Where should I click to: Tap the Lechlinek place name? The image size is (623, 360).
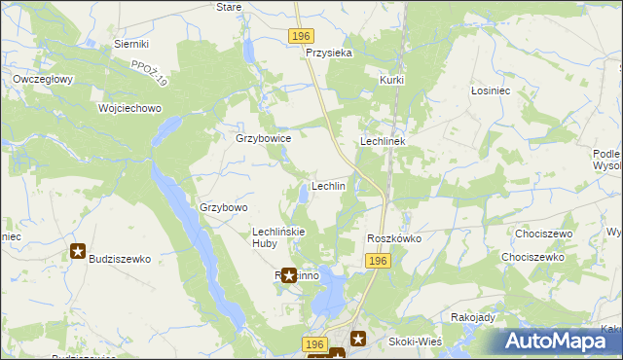(388, 141)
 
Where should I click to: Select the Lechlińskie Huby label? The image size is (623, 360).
(279, 237)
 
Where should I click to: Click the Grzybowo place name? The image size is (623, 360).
(224, 207)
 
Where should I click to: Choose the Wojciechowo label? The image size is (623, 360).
(129, 108)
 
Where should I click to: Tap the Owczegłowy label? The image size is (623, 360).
(44, 79)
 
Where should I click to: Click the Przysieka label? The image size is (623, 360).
(328, 54)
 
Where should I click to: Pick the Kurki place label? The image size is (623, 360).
(392, 80)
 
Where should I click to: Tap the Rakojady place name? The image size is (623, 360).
(474, 317)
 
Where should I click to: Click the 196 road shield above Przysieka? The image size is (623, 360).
(301, 36)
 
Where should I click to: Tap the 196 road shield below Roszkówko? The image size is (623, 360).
(379, 261)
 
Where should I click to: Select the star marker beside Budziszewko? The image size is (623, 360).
(78, 252)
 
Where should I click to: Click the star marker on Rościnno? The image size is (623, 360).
(289, 275)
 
